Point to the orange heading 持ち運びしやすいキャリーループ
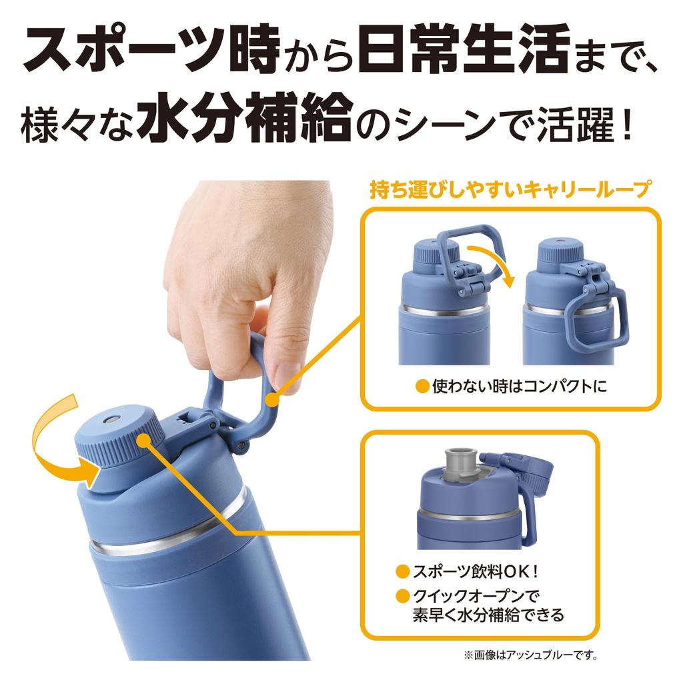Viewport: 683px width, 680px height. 510,191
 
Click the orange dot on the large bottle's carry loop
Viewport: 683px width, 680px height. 271,399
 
